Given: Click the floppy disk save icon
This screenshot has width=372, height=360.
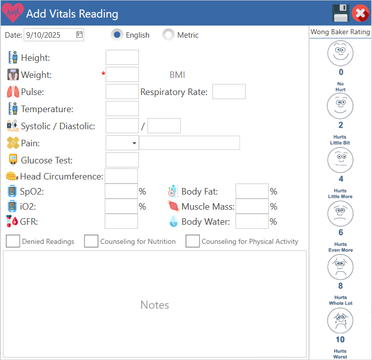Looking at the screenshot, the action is pyautogui.click(x=340, y=13).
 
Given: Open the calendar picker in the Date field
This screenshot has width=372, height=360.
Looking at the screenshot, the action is pyautogui.click(x=80, y=35).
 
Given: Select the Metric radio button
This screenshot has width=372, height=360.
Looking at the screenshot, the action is pyautogui.click(x=169, y=35).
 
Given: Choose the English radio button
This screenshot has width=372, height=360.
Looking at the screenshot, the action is pyautogui.click(x=117, y=35).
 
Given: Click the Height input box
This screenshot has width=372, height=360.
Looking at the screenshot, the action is pyautogui.click(x=122, y=57).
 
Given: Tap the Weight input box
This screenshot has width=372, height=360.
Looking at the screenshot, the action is pyautogui.click(x=122, y=74).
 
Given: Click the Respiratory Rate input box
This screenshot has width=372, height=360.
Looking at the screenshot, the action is pyautogui.click(x=229, y=92).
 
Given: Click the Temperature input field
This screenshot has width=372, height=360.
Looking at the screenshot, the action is pyautogui.click(x=122, y=109).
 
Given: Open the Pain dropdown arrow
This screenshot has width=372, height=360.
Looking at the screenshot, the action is pyautogui.click(x=134, y=143).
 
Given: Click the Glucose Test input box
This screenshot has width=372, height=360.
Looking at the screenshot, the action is pyautogui.click(x=122, y=160).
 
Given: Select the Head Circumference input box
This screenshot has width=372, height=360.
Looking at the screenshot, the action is pyautogui.click(x=121, y=176).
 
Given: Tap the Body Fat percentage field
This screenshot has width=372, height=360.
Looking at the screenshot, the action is pyautogui.click(x=252, y=192).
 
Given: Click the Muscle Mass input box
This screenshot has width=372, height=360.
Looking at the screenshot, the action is pyautogui.click(x=252, y=207).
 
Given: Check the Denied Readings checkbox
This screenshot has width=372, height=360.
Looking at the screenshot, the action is pyautogui.click(x=13, y=241).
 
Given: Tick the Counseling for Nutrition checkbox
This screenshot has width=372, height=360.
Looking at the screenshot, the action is pyautogui.click(x=91, y=241).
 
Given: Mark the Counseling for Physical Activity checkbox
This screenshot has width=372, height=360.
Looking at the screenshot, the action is pyautogui.click(x=193, y=241).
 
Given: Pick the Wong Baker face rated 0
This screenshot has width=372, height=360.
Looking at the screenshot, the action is pyautogui.click(x=340, y=53).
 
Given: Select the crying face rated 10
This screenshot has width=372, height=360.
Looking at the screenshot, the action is pyautogui.click(x=340, y=320).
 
